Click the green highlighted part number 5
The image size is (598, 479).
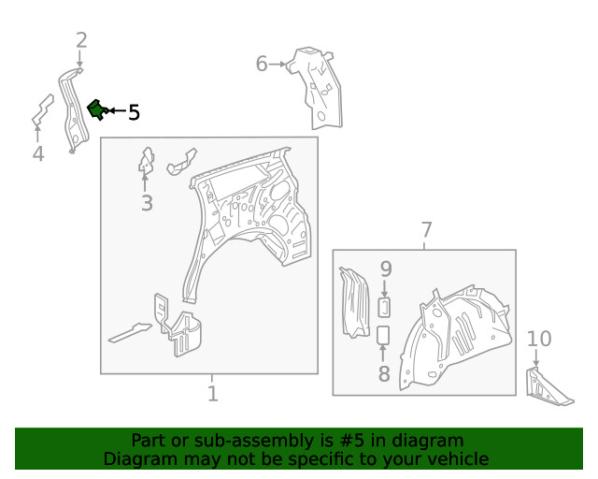pyautogui.click(x=97, y=109)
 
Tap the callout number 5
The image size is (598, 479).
pyautogui.click(x=134, y=112)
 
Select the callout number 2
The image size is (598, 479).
pyautogui.click(x=81, y=40)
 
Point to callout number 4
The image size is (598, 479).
pyautogui.click(x=38, y=154)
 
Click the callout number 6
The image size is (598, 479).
pyautogui.click(x=262, y=64)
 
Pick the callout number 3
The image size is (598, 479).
pyautogui.click(x=148, y=203)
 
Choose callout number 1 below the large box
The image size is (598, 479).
pyautogui.click(x=213, y=394)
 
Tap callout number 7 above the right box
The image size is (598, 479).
pyautogui.click(x=426, y=230)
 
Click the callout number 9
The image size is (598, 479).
pyautogui.click(x=386, y=269)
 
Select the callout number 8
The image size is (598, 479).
pyautogui.click(x=384, y=373)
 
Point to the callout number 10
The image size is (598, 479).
pyautogui.click(x=539, y=339)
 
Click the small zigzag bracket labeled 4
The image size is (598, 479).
pyautogui.click(x=42, y=110)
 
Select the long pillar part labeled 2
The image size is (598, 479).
pyautogui.click(x=73, y=110)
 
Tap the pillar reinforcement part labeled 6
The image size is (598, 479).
pyautogui.click(x=319, y=90)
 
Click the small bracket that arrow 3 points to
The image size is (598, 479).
pyautogui.click(x=147, y=160)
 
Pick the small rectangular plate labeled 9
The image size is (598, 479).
pyautogui.click(x=384, y=308)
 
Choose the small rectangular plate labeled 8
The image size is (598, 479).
pyautogui.click(x=383, y=335)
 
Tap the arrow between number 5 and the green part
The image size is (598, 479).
pyautogui.click(x=118, y=110)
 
